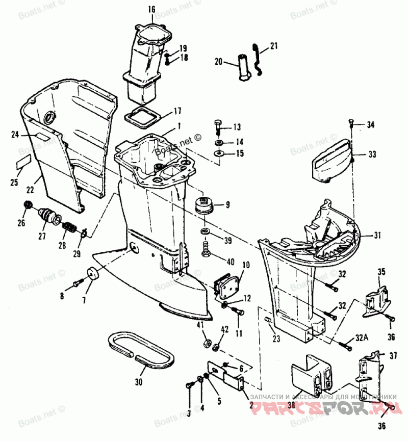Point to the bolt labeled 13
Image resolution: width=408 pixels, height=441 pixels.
218,125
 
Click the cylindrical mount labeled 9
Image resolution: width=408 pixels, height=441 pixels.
206,204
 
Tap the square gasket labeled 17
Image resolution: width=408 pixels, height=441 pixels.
142,116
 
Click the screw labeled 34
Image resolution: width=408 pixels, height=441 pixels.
352,122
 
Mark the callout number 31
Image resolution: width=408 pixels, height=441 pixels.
377,236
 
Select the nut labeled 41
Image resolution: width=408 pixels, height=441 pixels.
207,343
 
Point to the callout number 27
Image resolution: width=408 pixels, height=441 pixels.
42,237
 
